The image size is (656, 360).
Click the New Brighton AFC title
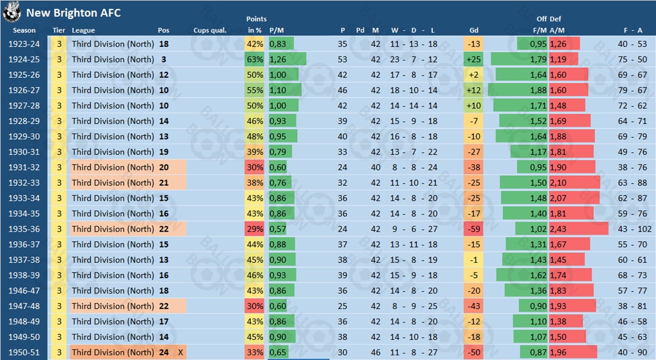pyautogui.click(x=73, y=12)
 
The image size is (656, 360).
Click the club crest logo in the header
pyautogui.click(x=11, y=11)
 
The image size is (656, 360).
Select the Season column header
pyautogui.click(x=24, y=30)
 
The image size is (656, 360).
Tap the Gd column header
pyautogui.click(x=474, y=30)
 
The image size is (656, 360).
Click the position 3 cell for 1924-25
pyautogui.click(x=163, y=59)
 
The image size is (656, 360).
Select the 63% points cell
pyautogui.click(x=255, y=59)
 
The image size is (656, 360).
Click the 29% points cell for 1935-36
pyautogui.click(x=255, y=229)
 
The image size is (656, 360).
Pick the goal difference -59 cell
pyautogui.click(x=474, y=229)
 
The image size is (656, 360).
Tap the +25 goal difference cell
pyautogui.click(x=474, y=59)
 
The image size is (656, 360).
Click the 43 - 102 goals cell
pyautogui.click(x=631, y=229)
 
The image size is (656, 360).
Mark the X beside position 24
pyautogui.click(x=180, y=352)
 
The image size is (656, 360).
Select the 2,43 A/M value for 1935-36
pyautogui.click(x=558, y=229)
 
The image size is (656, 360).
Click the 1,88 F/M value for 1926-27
pyautogui.click(x=538, y=90)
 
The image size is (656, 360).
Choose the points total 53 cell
pyautogui.click(x=342, y=59)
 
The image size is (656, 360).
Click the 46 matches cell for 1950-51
pyautogui.click(x=375, y=352)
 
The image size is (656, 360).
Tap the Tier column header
pyautogui.click(x=59, y=30)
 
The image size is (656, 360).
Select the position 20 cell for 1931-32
pyautogui.click(x=164, y=168)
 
